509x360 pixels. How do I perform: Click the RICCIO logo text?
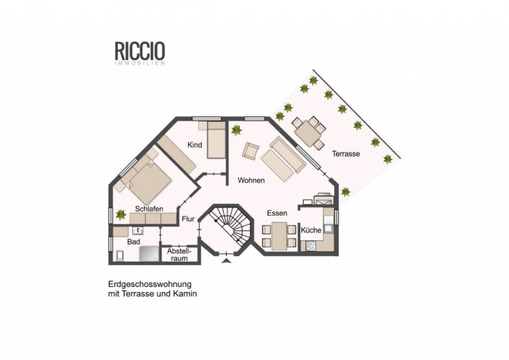[x=140, y=51]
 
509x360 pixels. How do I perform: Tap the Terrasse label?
[x=346, y=154]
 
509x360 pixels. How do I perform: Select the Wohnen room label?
[x=251, y=180]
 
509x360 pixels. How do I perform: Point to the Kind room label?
[x=195, y=145]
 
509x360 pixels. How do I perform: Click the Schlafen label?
[x=149, y=209]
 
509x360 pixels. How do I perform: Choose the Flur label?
[x=188, y=219]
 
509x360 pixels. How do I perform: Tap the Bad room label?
[x=133, y=242]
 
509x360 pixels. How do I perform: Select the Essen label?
[x=277, y=213]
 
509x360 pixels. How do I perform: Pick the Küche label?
[x=311, y=230]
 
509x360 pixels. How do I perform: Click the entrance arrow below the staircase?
[x=227, y=261]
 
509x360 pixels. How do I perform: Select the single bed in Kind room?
[x=216, y=140]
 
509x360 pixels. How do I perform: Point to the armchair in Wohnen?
[x=252, y=151]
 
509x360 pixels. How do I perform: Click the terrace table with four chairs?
[x=309, y=132]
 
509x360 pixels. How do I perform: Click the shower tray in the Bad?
[x=149, y=253]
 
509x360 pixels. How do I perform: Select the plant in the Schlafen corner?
[x=121, y=215]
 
